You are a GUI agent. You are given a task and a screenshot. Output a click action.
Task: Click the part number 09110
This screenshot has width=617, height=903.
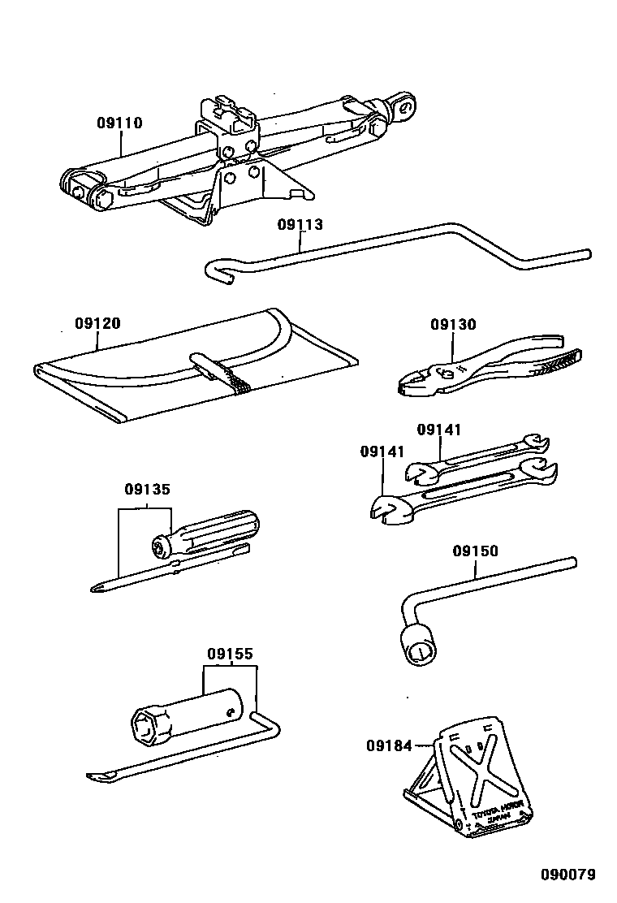[x=119, y=123]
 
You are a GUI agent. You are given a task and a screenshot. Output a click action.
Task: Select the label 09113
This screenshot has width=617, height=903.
[x=300, y=225]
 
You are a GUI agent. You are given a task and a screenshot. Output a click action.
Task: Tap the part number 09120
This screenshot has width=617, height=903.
[x=97, y=323]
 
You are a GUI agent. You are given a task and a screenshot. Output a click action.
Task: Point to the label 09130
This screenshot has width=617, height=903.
[x=453, y=325]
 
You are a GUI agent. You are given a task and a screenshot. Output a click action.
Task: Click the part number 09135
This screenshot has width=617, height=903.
[x=147, y=490]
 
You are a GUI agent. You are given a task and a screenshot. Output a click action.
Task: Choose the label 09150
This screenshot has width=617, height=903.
[x=476, y=551]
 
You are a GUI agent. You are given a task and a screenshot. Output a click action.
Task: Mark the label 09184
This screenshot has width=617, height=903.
[x=388, y=745]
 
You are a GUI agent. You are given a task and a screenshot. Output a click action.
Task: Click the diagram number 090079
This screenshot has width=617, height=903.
[x=568, y=875]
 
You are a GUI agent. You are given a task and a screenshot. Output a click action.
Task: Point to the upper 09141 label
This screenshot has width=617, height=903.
[x=439, y=429]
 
